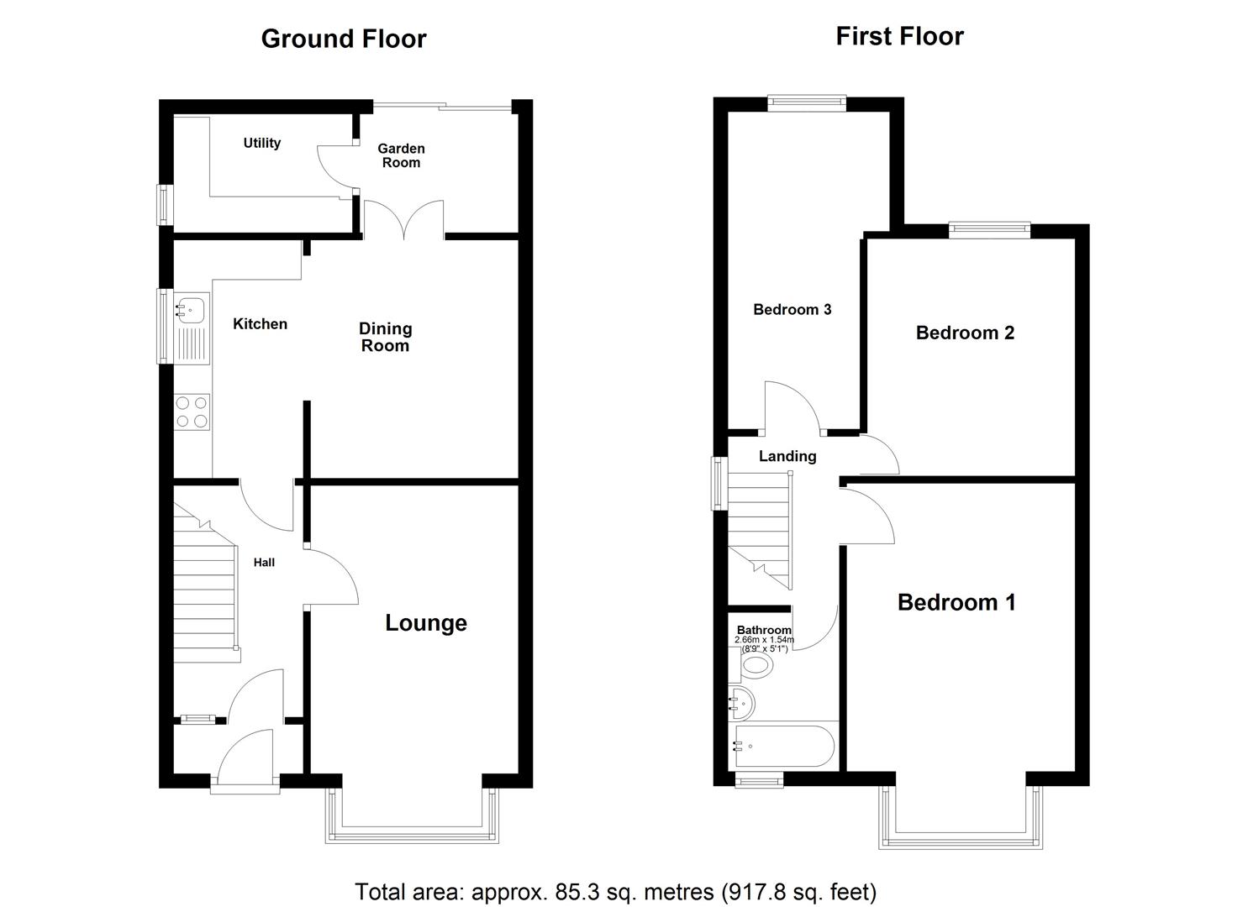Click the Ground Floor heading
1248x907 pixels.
344,39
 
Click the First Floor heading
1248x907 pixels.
899,36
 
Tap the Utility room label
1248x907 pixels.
262,143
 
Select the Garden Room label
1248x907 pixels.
401,155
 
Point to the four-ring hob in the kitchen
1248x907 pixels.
192,412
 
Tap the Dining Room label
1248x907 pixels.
385,337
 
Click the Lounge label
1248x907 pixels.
426,622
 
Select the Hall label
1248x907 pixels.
264,563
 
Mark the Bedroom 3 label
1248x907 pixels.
792,309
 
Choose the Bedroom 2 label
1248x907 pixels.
965,333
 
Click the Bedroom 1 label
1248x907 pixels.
956,602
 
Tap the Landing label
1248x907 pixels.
787,456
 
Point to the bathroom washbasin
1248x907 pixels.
740,702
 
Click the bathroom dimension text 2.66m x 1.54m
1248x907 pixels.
763,640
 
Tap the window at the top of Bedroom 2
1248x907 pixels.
989,226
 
